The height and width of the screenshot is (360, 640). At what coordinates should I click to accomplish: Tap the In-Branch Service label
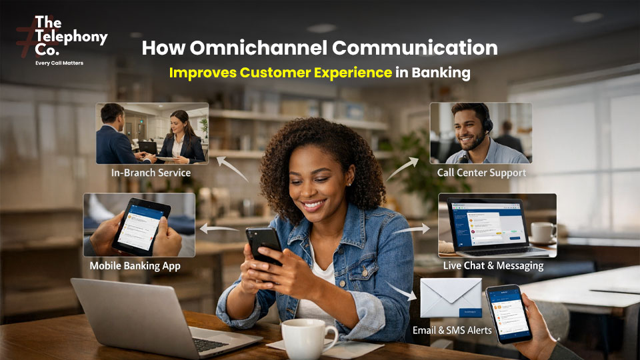(x=151, y=173)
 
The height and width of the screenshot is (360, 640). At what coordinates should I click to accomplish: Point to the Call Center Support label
(x=481, y=173)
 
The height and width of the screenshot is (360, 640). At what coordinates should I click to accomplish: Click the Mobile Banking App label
(x=135, y=267)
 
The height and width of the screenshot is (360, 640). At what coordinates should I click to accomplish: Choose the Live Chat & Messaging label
(x=493, y=265)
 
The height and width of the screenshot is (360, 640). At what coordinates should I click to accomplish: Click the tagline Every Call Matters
(x=59, y=63)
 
